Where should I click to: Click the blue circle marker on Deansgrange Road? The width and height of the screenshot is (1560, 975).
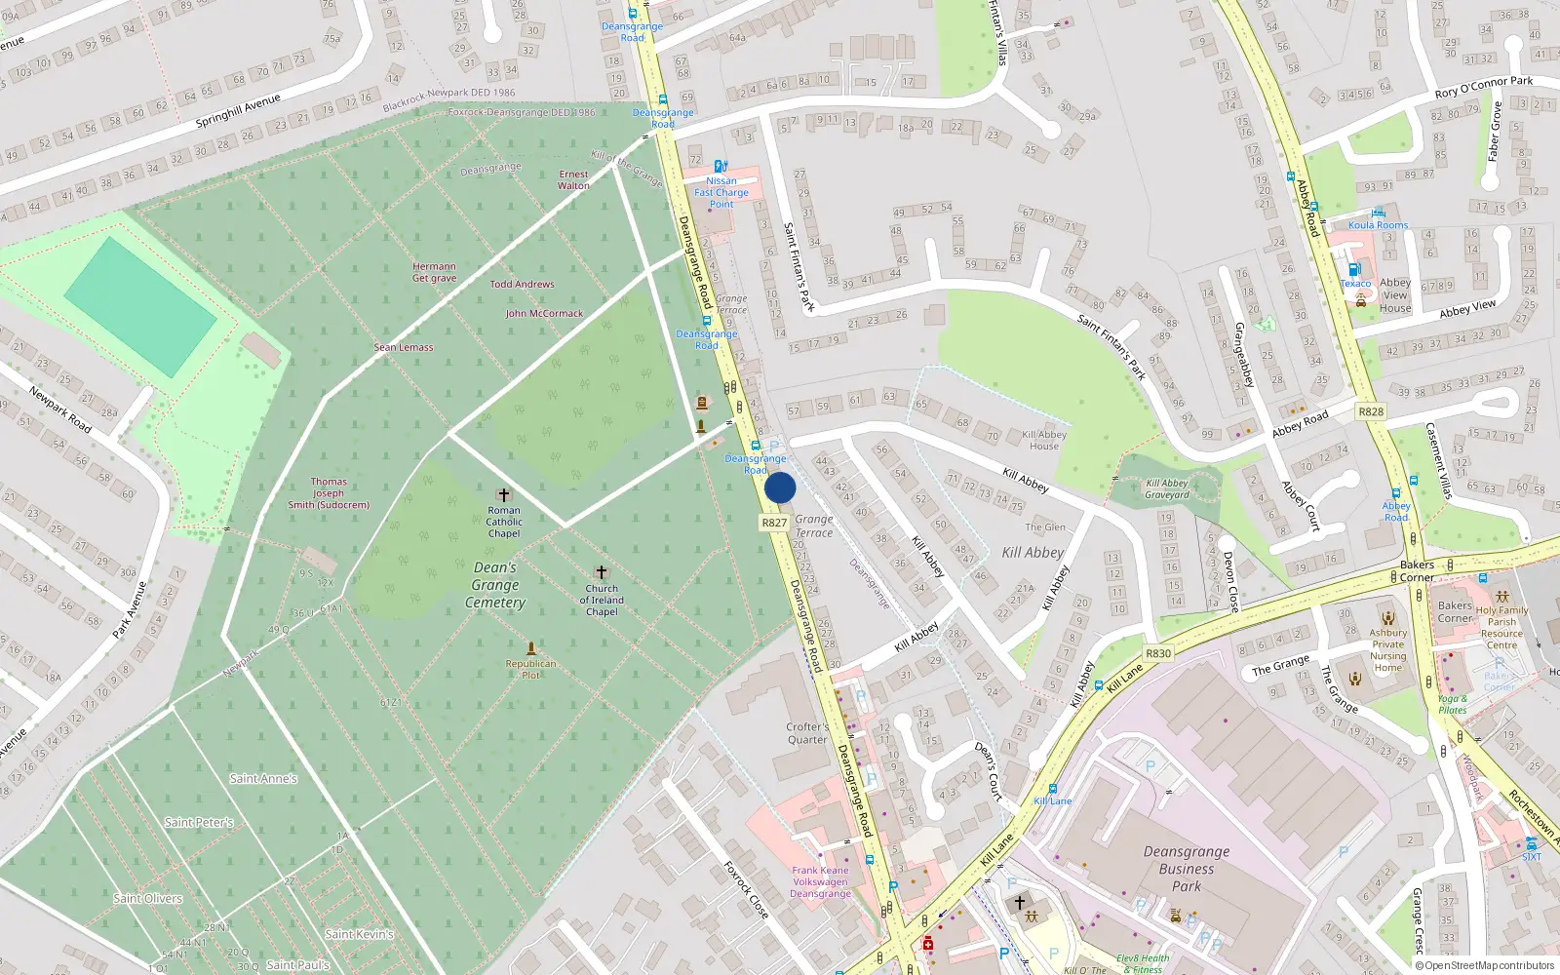pos(780,487)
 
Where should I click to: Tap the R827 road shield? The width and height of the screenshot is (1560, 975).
pos(774,523)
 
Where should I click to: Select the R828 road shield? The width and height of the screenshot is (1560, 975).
pos(1371,411)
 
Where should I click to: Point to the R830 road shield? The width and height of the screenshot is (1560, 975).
pos(1158,653)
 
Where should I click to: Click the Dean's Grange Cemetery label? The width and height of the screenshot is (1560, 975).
pos(495,585)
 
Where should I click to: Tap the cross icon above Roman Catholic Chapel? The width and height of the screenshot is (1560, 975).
pos(504,495)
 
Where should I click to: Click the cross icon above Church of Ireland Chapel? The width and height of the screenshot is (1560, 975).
pos(602,572)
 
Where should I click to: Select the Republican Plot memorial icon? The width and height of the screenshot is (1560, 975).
pos(531,648)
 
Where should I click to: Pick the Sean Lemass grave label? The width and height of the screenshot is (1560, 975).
pos(404,347)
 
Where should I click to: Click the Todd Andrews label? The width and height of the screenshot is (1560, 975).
pos(522,285)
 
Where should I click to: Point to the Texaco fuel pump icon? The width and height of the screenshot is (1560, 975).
pos(1353,270)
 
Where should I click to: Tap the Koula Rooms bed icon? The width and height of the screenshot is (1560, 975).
pos(1378,213)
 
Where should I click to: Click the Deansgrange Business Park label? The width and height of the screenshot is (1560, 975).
pos(1187,869)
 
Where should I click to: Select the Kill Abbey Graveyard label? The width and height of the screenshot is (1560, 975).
pos(1167,488)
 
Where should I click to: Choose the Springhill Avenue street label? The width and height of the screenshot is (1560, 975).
pos(238,111)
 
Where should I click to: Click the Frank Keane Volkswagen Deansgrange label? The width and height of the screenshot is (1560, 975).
pos(820,881)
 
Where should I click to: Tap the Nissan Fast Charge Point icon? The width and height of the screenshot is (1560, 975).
pos(721,167)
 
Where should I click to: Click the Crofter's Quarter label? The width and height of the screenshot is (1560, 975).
pos(807,733)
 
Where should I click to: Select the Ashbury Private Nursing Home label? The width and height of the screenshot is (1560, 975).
pos(1388,649)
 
